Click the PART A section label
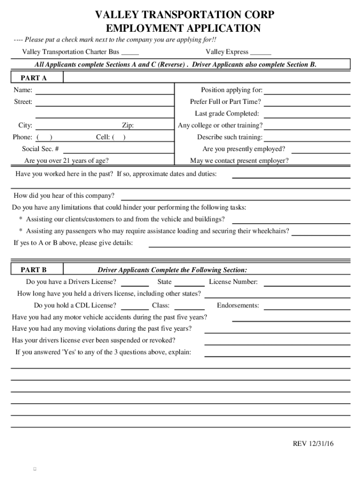pos(34,78)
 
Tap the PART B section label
pos(34,270)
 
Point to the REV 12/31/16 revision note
pos(313,443)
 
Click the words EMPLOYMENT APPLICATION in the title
pos(184,29)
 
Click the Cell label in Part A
pos(103,137)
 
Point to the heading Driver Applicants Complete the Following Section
pos(172,270)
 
